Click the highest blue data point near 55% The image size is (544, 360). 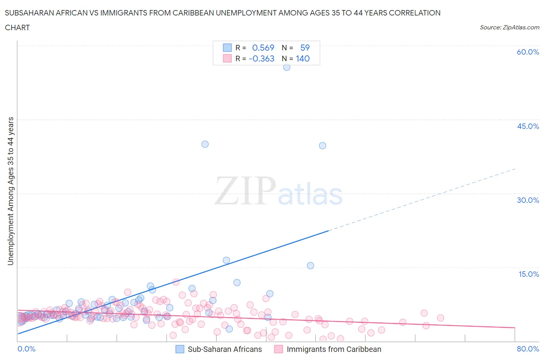[x=287, y=67]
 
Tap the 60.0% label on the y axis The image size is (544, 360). [x=528, y=52]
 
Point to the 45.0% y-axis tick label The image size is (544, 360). [x=528, y=126]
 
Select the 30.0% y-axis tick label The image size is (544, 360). [x=528, y=200]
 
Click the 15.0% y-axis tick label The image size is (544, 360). [x=529, y=274]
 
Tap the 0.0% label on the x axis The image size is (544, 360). [x=26, y=349]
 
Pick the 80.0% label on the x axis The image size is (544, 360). [x=528, y=349]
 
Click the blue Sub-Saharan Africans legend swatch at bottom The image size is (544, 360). [x=180, y=349]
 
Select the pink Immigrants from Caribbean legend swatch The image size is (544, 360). [x=279, y=349]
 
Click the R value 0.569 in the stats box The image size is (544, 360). [x=263, y=48]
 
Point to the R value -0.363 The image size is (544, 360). [x=262, y=58]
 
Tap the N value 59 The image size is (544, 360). [x=305, y=48]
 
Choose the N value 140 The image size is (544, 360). [x=303, y=58]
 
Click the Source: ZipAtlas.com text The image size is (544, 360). [x=509, y=27]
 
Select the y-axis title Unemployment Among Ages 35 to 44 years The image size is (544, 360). [x=10, y=191]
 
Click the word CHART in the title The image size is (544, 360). [x=17, y=27]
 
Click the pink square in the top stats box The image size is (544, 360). [x=227, y=58]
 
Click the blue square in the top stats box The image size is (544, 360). [x=227, y=48]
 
